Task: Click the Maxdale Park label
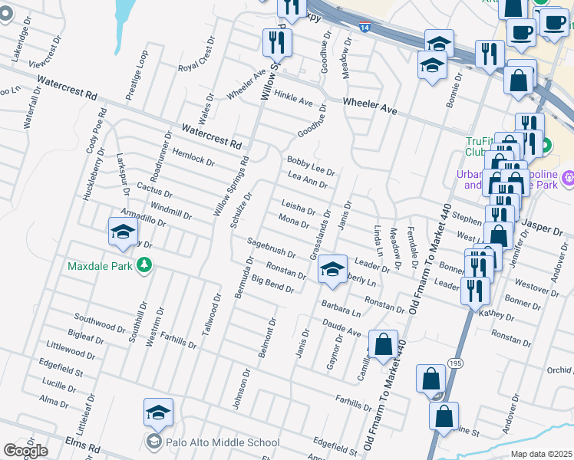(100, 267)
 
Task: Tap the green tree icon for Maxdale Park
(143, 266)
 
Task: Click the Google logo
(25, 451)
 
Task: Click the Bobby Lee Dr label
(311, 164)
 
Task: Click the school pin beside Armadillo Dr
(123, 234)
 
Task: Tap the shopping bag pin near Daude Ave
(383, 347)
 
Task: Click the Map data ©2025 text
(542, 454)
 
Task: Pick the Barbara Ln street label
(341, 308)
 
